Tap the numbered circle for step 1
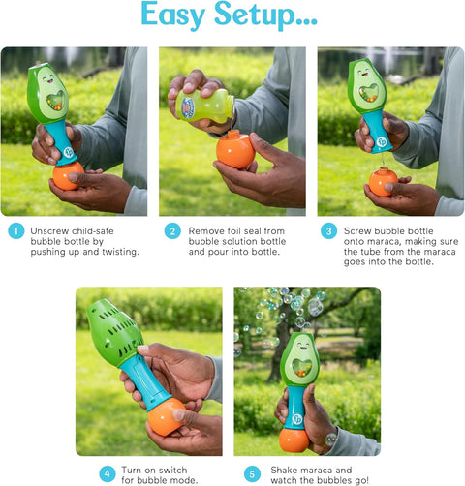16,231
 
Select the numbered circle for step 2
172,231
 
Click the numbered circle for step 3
328,231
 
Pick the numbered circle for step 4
108,474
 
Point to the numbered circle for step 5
252,474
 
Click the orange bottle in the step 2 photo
235,149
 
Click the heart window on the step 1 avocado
56,100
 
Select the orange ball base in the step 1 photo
68,175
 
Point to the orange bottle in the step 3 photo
384,182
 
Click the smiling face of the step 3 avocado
363,72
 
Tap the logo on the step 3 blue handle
382,142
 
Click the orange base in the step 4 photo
165,416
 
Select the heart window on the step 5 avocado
301,367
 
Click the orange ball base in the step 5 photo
294,440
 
